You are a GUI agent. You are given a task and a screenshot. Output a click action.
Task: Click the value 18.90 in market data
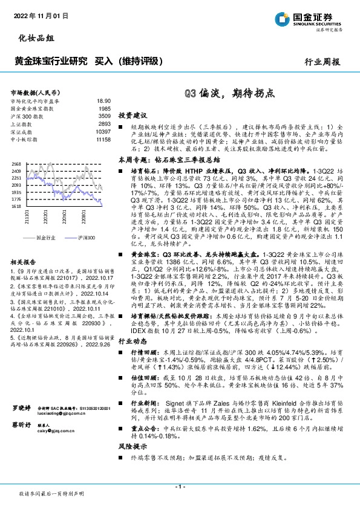click(x=103, y=101)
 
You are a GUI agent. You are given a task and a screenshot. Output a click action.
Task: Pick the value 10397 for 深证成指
click(x=103, y=131)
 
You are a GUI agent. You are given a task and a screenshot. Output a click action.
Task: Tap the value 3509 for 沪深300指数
click(x=104, y=115)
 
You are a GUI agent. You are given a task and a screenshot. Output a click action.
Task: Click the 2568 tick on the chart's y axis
click(x=16, y=164)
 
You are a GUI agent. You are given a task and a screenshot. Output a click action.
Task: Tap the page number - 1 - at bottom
click(x=180, y=486)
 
